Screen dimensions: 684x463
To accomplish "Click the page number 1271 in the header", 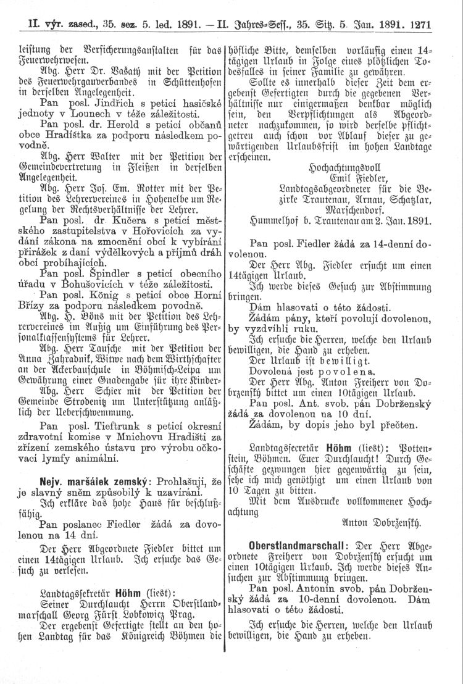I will [x=418, y=26].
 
